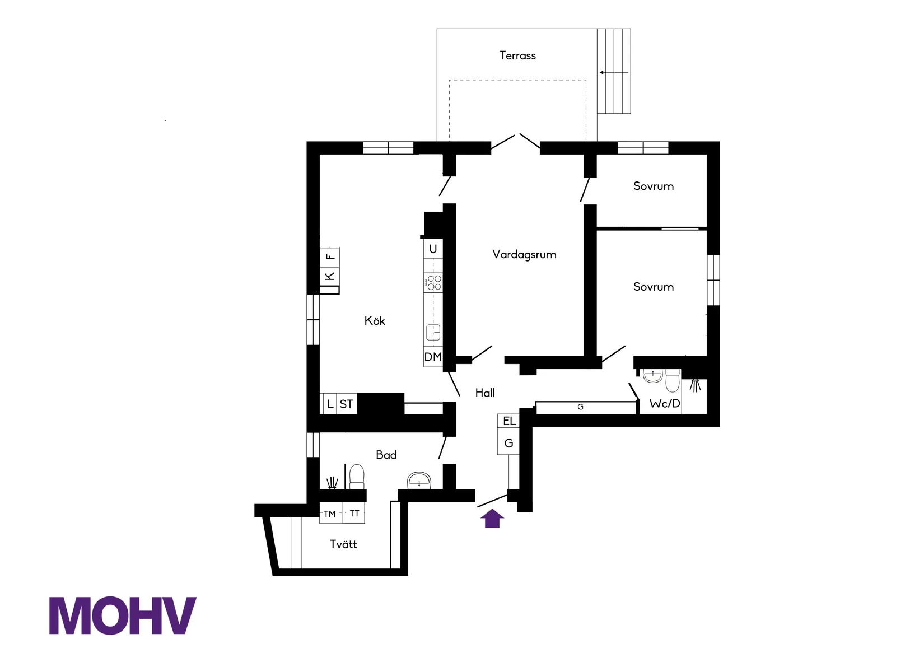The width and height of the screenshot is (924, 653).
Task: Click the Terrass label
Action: [x=517, y=55]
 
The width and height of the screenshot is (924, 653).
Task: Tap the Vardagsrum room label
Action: [x=524, y=254]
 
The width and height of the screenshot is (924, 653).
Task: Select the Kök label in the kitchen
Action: [x=375, y=321]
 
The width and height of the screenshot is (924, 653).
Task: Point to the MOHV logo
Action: [x=123, y=615]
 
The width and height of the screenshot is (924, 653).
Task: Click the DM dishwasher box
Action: [x=433, y=357]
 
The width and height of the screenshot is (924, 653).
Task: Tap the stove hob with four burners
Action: [x=433, y=282]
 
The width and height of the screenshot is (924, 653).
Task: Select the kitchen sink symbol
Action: [x=433, y=332]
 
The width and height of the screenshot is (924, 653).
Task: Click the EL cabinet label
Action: [x=509, y=421]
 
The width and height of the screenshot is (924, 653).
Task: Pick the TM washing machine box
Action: [x=330, y=514]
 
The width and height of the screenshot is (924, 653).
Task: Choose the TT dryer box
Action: [x=354, y=513]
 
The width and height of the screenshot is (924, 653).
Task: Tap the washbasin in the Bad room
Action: [x=419, y=480]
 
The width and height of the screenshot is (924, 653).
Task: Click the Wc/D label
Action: [x=665, y=403]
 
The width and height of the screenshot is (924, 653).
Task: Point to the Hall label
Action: [x=485, y=393]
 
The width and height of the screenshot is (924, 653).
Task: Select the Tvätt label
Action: [x=343, y=544]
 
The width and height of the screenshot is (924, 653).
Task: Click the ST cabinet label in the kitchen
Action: [x=347, y=404]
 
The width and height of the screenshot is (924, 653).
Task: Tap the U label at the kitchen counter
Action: [x=433, y=249]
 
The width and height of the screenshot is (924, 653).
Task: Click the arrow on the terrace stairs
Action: [x=613, y=72]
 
